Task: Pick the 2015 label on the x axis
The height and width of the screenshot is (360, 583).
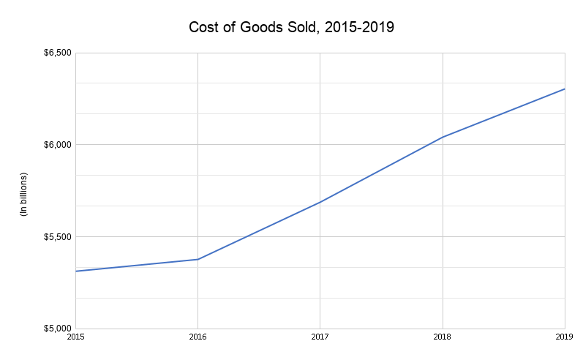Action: point(75,337)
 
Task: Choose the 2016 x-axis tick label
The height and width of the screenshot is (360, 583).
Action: point(198,337)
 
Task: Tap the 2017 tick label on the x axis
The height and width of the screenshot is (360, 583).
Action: point(320,337)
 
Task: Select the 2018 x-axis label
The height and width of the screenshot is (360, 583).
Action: point(443,337)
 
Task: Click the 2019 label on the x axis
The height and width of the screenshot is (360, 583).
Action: point(564,337)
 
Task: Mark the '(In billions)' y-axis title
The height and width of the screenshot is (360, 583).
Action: point(23,194)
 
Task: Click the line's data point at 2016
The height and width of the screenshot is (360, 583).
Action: point(198,259)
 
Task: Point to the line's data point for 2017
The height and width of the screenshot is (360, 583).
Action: point(320,202)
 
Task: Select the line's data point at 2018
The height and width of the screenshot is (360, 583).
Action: point(443,137)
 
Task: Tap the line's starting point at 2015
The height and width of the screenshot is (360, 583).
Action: point(75,271)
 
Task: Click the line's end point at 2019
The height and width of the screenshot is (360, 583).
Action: point(565,89)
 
